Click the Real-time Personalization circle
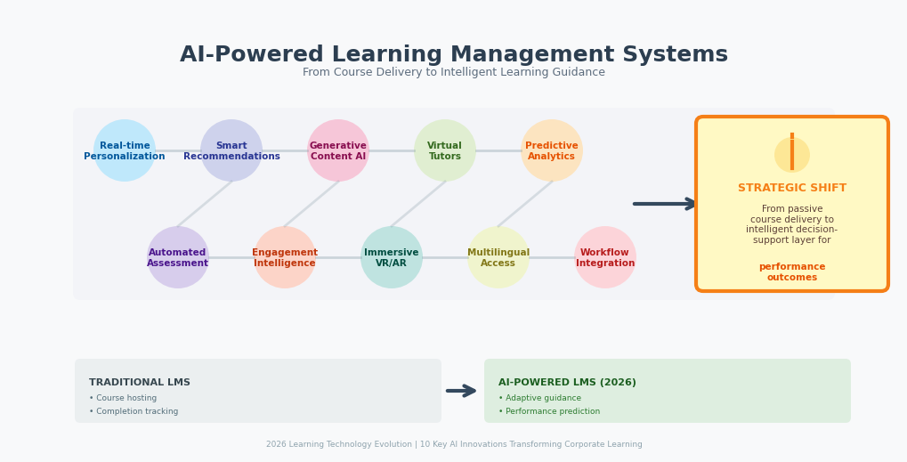125,150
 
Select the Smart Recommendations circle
231,150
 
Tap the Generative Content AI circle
338,150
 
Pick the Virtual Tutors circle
445,150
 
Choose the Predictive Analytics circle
552,150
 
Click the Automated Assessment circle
178,257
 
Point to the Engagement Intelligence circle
285,257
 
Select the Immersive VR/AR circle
392,257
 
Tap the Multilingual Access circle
498,257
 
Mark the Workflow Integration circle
605,257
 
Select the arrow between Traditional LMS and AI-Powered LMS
461,391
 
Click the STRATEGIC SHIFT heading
792,188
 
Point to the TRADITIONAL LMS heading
140,383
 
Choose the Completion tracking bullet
134,411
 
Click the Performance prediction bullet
549,411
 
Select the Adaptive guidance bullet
539,398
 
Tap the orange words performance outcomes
792,272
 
